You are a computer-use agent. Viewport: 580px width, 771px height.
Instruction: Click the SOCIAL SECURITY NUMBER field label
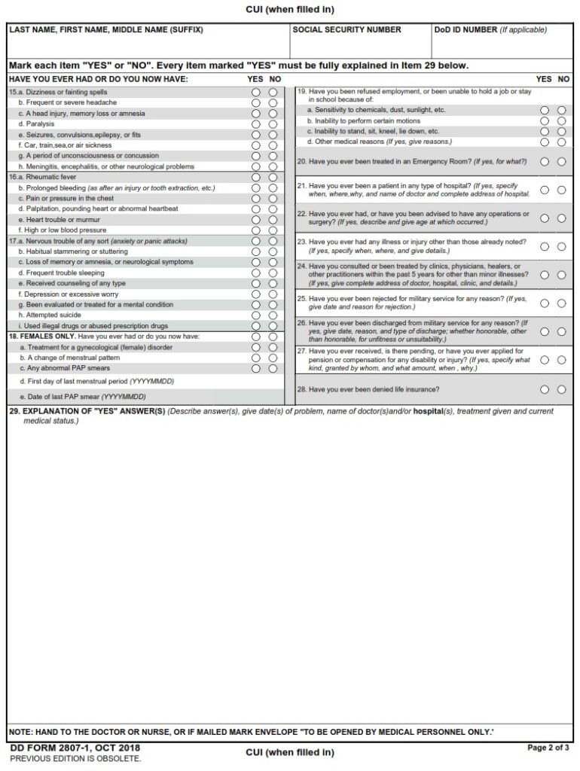(x=346, y=30)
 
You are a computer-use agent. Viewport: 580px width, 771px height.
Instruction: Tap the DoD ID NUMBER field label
(x=464, y=30)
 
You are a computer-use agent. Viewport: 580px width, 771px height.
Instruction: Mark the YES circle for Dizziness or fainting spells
(x=256, y=93)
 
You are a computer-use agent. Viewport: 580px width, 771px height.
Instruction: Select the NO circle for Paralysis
(x=273, y=124)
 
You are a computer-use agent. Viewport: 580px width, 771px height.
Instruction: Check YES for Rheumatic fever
(x=256, y=178)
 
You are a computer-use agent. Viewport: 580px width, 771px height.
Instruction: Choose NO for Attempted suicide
(x=273, y=316)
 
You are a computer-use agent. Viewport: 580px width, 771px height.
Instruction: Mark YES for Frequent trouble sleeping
(x=256, y=273)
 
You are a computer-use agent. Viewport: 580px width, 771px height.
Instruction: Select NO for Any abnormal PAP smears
(x=273, y=369)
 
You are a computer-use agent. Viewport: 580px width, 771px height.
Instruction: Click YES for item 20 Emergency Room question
(x=545, y=162)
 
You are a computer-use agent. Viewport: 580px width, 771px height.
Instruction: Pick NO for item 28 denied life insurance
(x=561, y=390)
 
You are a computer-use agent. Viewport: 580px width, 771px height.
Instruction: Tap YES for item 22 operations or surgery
(x=545, y=218)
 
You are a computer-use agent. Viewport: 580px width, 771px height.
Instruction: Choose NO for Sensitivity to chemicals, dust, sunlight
(x=561, y=110)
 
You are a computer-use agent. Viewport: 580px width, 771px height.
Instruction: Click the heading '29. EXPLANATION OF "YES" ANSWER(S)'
(x=86, y=412)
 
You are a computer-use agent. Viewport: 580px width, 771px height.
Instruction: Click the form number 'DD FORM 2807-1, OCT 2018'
(x=75, y=748)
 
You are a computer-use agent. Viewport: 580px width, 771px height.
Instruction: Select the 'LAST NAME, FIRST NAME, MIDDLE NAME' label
(x=106, y=30)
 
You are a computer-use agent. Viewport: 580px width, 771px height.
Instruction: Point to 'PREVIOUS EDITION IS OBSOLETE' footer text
(x=75, y=758)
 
